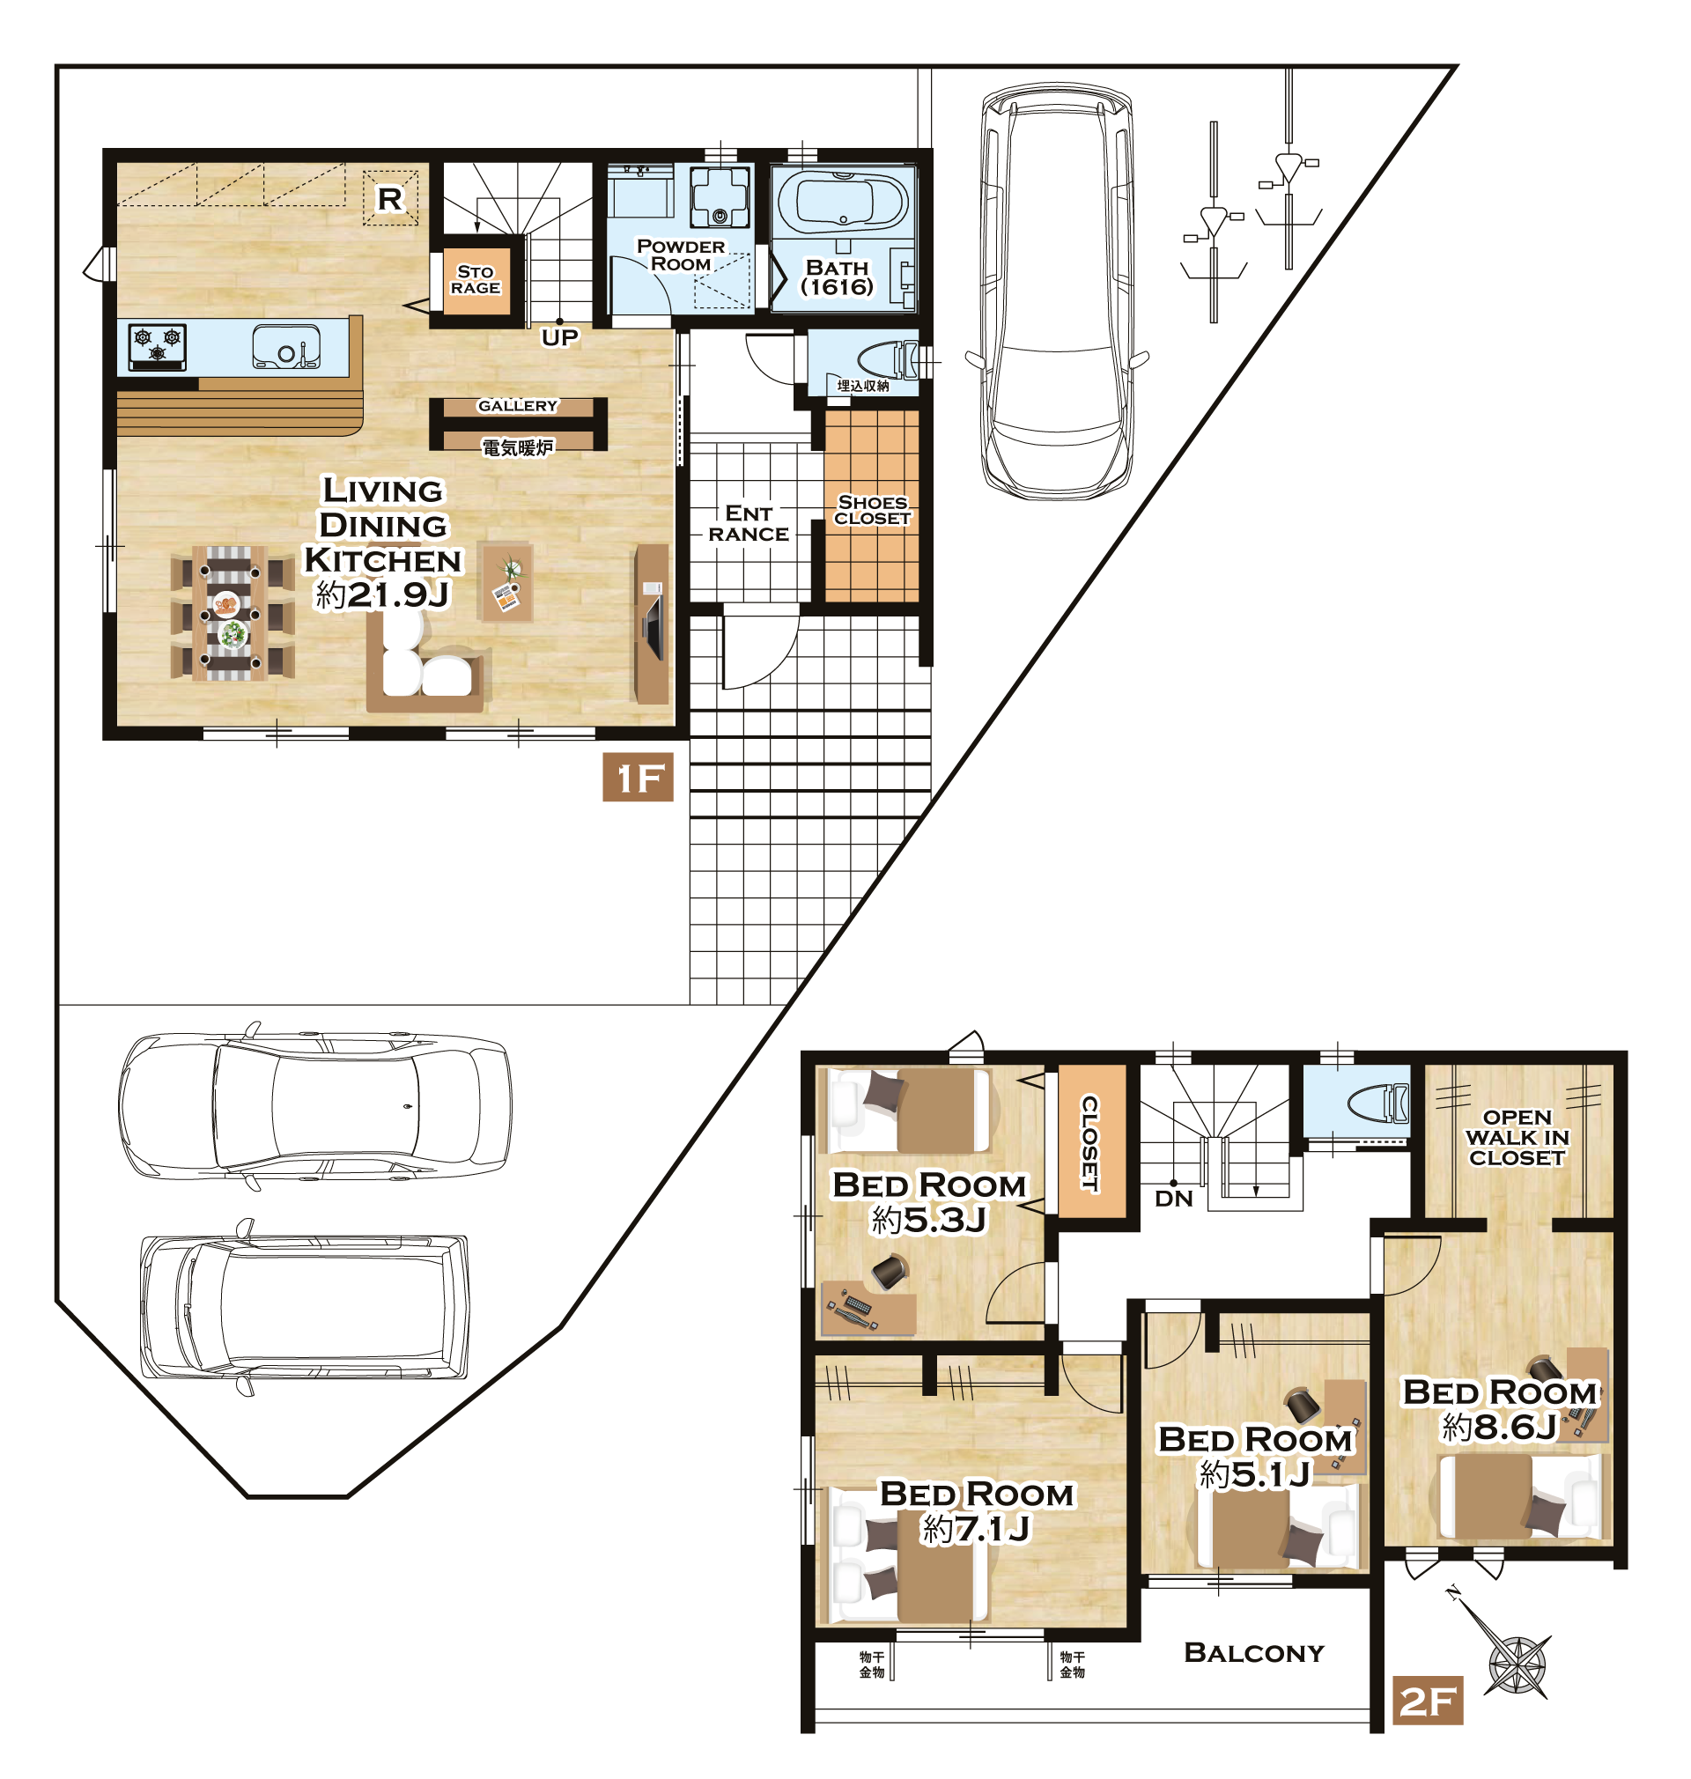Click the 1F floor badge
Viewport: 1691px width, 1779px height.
(638, 777)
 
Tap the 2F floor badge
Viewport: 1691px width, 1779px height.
(1427, 1701)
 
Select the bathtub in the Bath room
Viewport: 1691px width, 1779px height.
(843, 203)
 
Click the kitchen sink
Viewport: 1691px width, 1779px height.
(286, 346)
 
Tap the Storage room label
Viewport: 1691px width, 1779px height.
(476, 279)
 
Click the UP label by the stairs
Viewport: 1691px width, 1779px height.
(560, 338)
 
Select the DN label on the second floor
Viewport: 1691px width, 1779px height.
(1174, 1199)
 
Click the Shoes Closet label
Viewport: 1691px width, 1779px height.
(873, 510)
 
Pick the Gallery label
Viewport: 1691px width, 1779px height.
(517, 405)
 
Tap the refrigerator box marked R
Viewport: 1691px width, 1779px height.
(390, 198)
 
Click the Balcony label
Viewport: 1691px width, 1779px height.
(1254, 1652)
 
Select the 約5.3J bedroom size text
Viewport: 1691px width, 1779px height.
(929, 1221)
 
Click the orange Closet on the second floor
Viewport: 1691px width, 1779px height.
(1091, 1142)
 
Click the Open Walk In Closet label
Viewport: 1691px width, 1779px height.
(1517, 1137)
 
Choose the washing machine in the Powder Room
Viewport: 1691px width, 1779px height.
(720, 197)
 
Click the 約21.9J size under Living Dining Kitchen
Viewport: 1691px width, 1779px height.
(382, 594)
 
